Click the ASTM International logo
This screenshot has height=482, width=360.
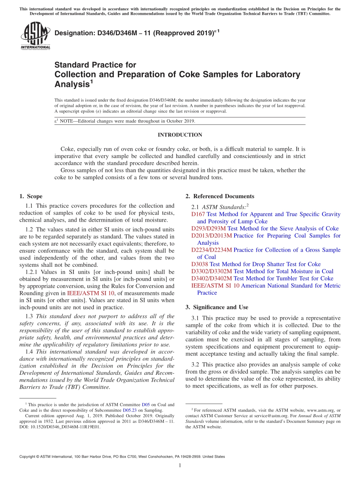point(35,36)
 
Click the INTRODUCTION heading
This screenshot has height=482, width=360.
point(180,135)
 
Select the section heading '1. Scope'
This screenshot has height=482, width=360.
point(31,196)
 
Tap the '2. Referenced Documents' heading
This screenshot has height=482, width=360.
point(220,196)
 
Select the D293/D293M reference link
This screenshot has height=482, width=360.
point(208,228)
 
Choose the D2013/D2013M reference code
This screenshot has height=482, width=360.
point(211,236)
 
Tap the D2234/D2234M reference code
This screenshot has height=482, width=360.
point(211,250)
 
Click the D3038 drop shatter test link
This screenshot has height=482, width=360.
point(200,264)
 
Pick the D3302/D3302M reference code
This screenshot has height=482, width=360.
point(211,271)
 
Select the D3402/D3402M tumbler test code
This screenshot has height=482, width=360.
point(211,279)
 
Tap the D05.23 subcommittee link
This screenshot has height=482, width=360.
point(129,410)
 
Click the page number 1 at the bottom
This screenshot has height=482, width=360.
point(180,466)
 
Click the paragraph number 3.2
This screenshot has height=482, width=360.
point(196,365)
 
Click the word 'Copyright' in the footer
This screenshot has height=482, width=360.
point(29,457)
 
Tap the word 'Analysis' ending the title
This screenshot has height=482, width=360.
point(72,84)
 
